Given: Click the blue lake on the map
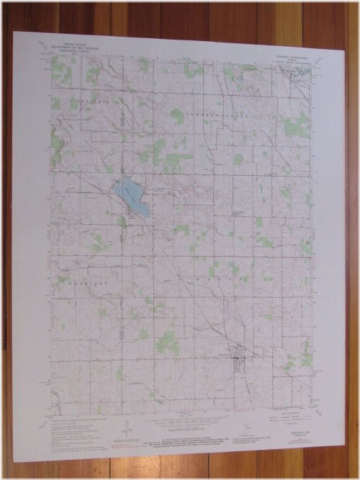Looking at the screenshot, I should tap(130, 197).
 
